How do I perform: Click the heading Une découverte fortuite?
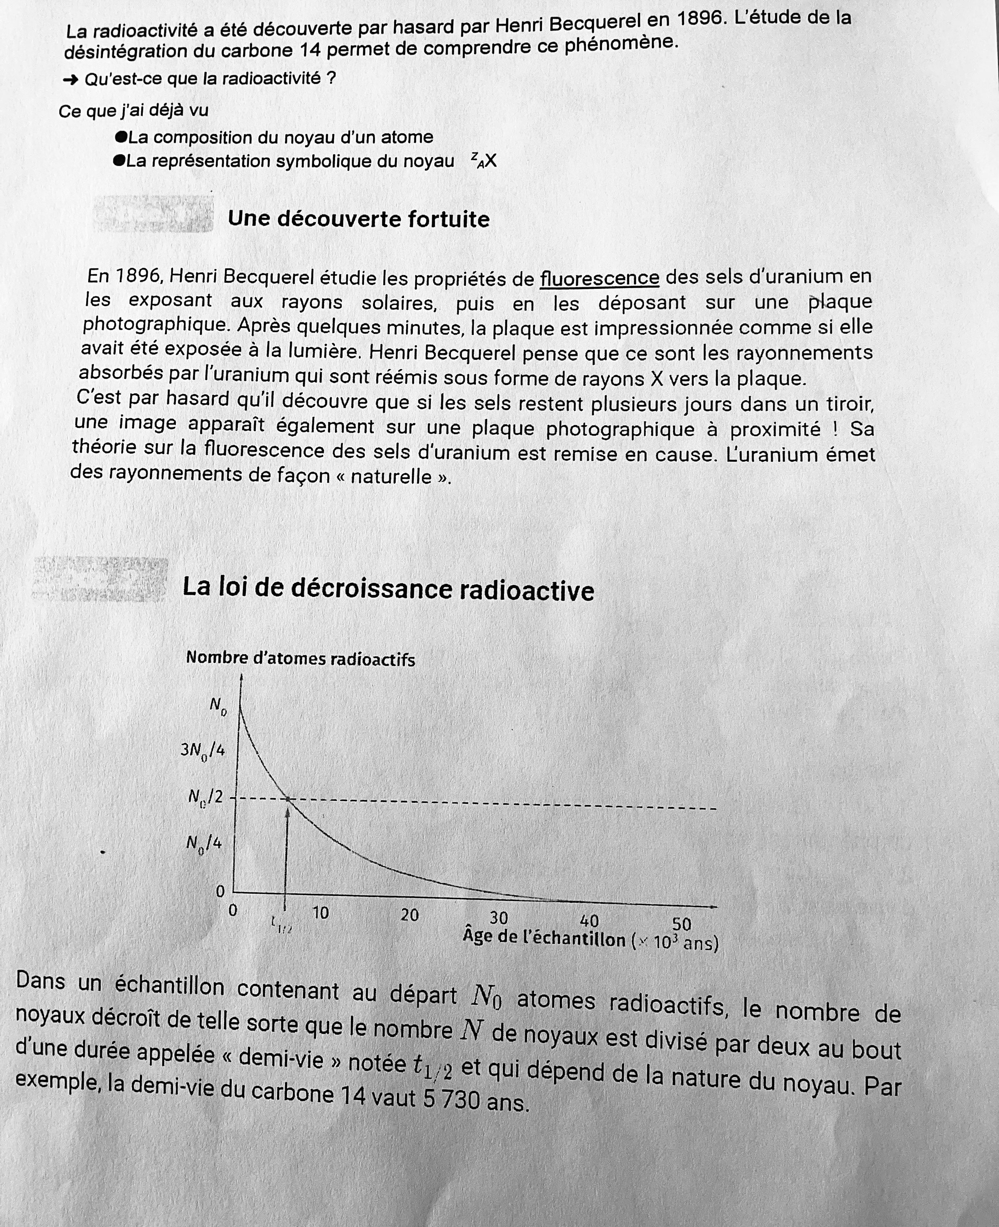tap(359, 219)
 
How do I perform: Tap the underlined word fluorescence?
tap(599, 278)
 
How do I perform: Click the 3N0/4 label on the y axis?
tap(202, 750)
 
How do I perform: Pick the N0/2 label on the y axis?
tap(205, 797)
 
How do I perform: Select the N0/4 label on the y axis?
tap(204, 844)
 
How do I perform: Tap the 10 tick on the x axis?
tap(320, 913)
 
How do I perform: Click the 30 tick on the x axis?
tap(498, 917)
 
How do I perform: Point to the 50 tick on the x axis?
tap(682, 924)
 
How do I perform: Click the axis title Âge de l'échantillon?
tap(544, 939)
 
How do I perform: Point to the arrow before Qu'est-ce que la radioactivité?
tap(70, 80)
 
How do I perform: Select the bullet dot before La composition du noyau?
tap(120, 137)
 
